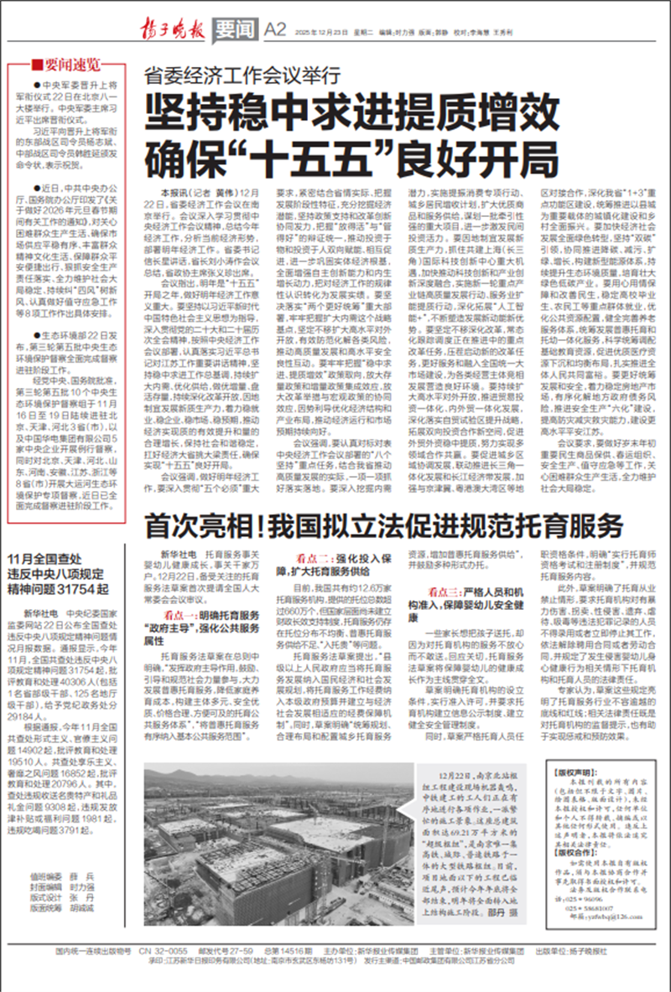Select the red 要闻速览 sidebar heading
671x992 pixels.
tap(66, 65)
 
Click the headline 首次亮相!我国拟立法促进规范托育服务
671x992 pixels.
tap(383, 526)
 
